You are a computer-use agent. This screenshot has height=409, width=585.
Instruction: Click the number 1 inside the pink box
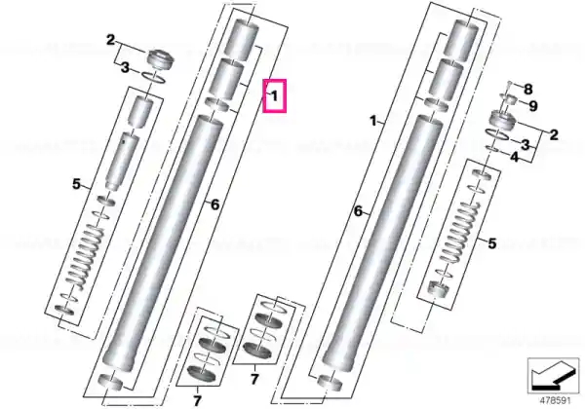pyautogui.click(x=275, y=96)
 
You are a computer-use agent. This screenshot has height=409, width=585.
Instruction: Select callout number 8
pyautogui.click(x=527, y=90)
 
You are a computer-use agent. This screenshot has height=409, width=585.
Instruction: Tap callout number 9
pyautogui.click(x=533, y=106)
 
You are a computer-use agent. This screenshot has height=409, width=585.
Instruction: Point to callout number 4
pyautogui.click(x=515, y=157)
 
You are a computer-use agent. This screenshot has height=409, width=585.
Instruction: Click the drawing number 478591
pyautogui.click(x=555, y=401)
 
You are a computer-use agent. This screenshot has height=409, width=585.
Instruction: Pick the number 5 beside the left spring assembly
pyautogui.click(x=76, y=184)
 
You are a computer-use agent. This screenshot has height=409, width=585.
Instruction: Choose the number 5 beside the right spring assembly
pyautogui.click(x=492, y=243)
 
